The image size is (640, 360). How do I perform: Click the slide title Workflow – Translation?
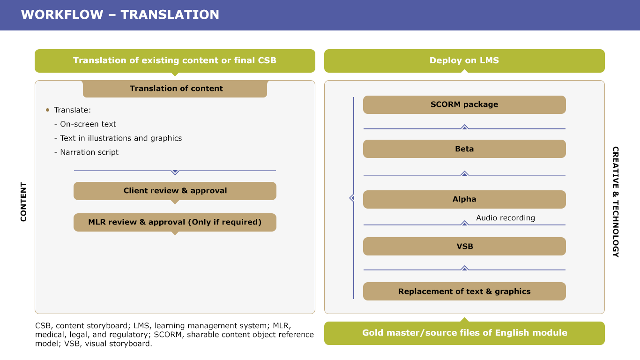click(x=120, y=15)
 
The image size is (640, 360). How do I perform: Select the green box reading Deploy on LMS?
click(x=464, y=60)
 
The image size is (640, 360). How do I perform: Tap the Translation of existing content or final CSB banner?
click(x=175, y=60)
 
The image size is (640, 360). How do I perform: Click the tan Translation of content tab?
click(x=175, y=89)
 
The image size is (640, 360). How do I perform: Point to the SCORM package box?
click(x=464, y=105)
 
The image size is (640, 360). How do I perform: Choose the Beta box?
click(x=464, y=149)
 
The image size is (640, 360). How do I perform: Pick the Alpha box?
click(x=464, y=199)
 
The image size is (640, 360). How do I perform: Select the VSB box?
click(x=464, y=246)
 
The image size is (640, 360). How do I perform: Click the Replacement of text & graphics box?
click(x=464, y=292)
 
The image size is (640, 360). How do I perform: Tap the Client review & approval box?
click(x=175, y=191)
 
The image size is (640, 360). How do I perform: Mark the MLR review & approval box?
click(x=175, y=222)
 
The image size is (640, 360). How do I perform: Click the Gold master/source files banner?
click(x=464, y=333)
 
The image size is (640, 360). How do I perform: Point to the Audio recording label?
click(x=506, y=218)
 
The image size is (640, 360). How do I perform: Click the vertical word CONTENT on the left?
click(x=23, y=202)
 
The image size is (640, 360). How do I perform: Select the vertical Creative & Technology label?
click(x=616, y=202)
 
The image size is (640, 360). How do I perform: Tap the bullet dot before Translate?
click(x=47, y=110)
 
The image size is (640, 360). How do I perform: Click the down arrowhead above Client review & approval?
click(x=175, y=172)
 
